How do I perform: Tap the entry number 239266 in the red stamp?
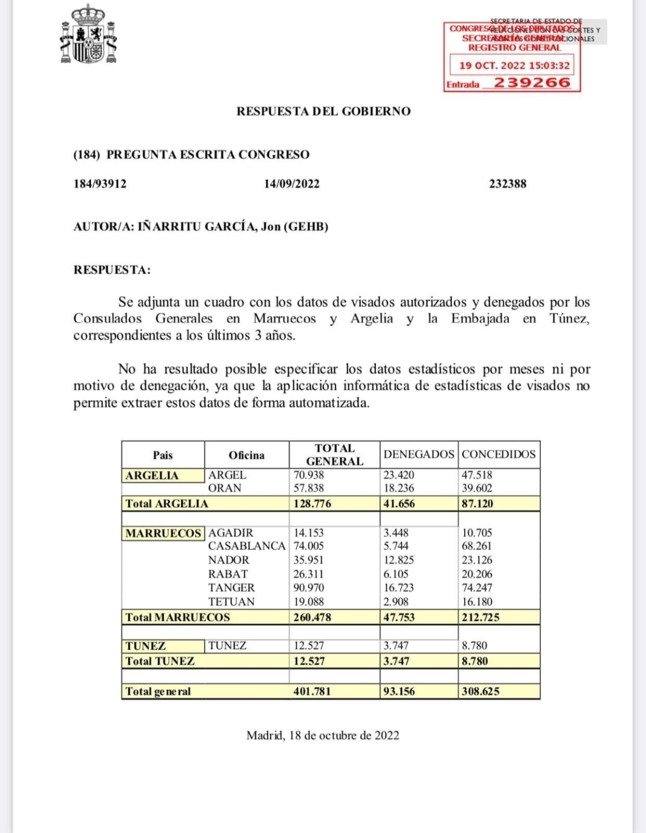(x=532, y=83)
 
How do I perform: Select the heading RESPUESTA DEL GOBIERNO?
(x=323, y=112)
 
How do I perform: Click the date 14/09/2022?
(x=292, y=184)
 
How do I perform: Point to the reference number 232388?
(x=508, y=184)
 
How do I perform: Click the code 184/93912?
(x=100, y=184)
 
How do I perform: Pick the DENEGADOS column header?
(x=419, y=454)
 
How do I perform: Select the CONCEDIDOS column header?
(x=498, y=454)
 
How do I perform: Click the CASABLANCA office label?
(x=247, y=546)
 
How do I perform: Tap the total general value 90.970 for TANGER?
(x=309, y=587)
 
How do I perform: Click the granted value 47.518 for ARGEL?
(x=477, y=475)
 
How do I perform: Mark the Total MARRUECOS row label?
(x=177, y=617)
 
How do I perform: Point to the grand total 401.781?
(x=312, y=691)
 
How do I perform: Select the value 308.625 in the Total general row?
(x=481, y=691)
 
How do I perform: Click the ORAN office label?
(x=225, y=488)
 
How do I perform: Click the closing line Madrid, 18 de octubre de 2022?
(x=323, y=735)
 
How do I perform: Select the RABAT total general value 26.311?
(x=309, y=574)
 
